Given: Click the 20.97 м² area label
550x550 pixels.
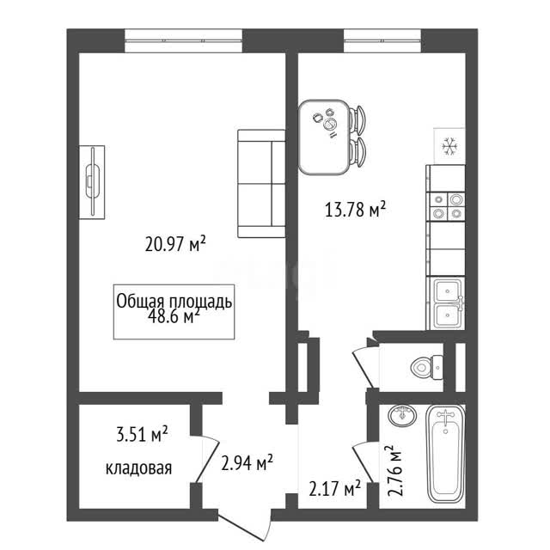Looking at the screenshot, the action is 175,243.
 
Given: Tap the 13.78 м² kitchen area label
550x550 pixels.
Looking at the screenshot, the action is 355,210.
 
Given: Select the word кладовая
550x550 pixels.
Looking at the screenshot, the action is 139,467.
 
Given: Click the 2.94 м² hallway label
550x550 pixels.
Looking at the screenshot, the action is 247,463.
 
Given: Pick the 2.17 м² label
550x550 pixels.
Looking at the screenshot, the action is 335,488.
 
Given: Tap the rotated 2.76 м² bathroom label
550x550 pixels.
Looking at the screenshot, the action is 395,470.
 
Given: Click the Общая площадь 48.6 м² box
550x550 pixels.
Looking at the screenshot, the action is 174,312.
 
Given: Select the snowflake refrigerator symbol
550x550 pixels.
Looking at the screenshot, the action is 449,146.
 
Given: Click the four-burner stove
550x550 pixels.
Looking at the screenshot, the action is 447,206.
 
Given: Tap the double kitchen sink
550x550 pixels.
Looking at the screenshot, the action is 448,303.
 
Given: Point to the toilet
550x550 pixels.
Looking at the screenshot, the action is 426,367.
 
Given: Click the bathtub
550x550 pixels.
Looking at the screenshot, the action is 445,454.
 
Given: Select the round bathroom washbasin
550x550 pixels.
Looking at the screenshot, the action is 402,416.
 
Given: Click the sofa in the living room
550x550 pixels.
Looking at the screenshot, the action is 261,183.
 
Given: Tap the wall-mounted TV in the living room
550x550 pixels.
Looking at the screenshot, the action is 92,182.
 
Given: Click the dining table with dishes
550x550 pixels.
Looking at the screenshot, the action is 324,137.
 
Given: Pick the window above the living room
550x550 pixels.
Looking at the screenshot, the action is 184,40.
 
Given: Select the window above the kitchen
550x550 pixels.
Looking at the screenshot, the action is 382,40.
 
